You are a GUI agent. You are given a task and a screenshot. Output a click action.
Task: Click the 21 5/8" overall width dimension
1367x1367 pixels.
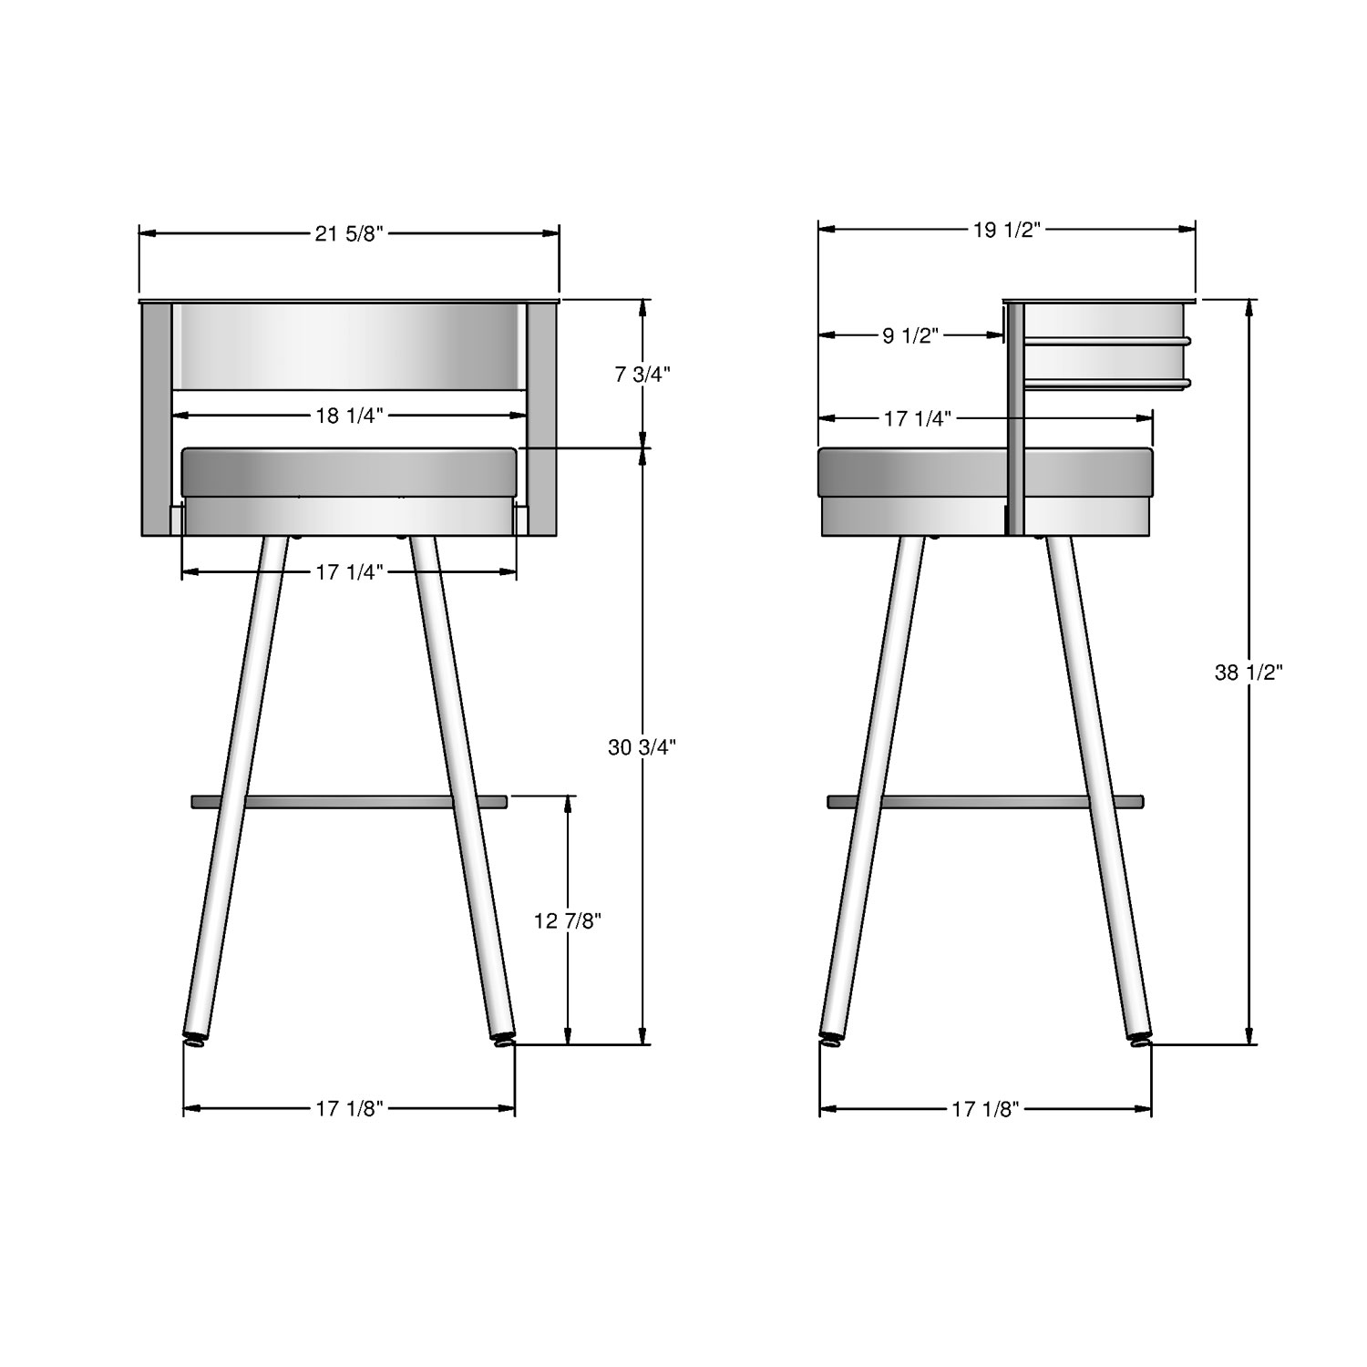349,233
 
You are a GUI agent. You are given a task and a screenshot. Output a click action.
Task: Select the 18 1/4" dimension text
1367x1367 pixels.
349,416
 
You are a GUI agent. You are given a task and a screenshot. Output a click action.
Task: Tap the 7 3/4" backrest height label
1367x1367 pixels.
643,374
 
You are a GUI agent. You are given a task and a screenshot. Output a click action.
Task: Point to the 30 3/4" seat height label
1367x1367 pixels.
642,747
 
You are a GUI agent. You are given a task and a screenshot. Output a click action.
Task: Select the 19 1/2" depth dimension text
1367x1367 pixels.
1006,230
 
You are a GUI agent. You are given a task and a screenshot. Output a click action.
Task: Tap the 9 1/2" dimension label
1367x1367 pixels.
910,335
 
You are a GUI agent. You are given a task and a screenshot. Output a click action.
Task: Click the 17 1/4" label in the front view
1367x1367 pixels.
349,572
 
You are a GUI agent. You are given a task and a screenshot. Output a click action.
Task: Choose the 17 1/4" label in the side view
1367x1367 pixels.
918,418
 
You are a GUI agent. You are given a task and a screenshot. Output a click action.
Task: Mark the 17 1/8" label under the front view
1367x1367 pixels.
349,1109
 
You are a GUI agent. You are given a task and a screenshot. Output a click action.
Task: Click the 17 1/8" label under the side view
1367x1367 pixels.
984,1109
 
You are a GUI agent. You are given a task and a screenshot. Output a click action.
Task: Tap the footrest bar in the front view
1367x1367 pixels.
349,801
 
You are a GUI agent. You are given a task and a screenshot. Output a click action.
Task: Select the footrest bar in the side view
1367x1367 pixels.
984,801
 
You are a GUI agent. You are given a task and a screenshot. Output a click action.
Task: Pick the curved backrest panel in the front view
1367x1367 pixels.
349,346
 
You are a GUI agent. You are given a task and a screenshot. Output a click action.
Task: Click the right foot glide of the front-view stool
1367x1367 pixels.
502,1039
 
